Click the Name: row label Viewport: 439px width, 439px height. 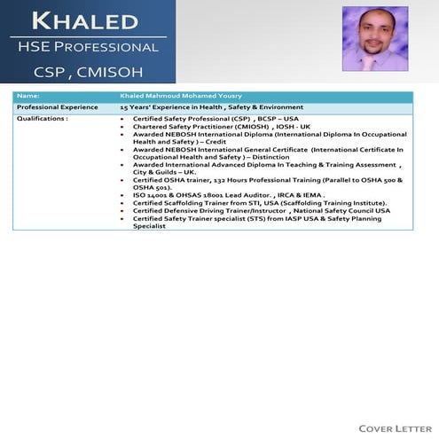28,94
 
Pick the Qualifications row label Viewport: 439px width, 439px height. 43,117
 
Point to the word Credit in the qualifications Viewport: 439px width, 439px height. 216,142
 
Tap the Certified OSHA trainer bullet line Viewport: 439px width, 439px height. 266,180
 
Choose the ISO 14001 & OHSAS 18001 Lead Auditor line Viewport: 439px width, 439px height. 228,195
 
